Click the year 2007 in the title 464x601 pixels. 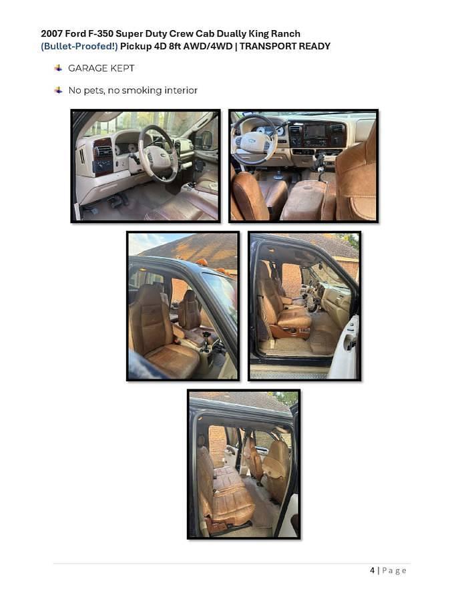[x=51, y=34]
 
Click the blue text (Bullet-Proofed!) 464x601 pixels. [x=79, y=46]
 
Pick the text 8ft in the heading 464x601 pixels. [x=175, y=46]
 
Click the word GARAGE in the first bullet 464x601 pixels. [x=84, y=68]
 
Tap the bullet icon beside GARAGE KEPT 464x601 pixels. [x=58, y=68]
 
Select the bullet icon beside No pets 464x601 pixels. [x=58, y=90]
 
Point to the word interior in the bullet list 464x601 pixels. [x=181, y=90]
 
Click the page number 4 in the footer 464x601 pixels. [x=373, y=570]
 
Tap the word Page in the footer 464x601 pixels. [x=394, y=571]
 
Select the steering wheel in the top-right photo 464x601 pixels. [x=254, y=141]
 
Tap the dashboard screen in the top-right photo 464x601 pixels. [x=314, y=132]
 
